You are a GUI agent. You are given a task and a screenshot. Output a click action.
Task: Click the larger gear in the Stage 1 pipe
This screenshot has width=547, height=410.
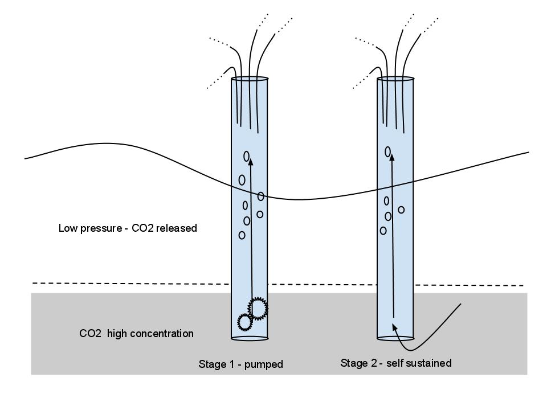pos(258,308)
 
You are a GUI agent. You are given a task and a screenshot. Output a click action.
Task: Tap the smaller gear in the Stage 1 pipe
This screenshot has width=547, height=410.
pos(245,322)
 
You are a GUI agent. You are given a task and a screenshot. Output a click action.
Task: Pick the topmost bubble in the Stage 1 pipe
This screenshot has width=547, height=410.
pos(247,155)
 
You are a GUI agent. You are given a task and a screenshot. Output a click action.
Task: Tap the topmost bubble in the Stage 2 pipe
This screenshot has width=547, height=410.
pos(388,151)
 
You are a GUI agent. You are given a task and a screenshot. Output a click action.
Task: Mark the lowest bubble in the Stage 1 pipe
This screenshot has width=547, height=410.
pos(242,235)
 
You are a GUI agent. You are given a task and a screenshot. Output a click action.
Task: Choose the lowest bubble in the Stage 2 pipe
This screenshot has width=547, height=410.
pos(383,231)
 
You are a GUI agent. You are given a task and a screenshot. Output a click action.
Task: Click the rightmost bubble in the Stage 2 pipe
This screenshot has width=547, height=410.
pos(401,210)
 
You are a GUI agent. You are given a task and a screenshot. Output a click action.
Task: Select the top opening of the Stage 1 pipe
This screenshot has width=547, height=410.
pos(250,79)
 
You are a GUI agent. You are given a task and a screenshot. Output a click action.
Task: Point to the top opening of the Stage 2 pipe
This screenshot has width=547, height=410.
pos(395,79)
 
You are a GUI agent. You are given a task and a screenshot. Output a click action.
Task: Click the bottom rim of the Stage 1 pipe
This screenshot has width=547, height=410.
pos(250,338)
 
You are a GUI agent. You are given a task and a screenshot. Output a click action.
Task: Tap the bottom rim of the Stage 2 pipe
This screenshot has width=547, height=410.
pos(395,338)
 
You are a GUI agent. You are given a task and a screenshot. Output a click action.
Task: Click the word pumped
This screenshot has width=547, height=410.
pos(264,364)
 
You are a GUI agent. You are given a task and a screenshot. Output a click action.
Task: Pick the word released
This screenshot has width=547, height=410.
pos(178,228)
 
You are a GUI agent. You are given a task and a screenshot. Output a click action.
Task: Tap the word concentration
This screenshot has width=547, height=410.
pos(162,334)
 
